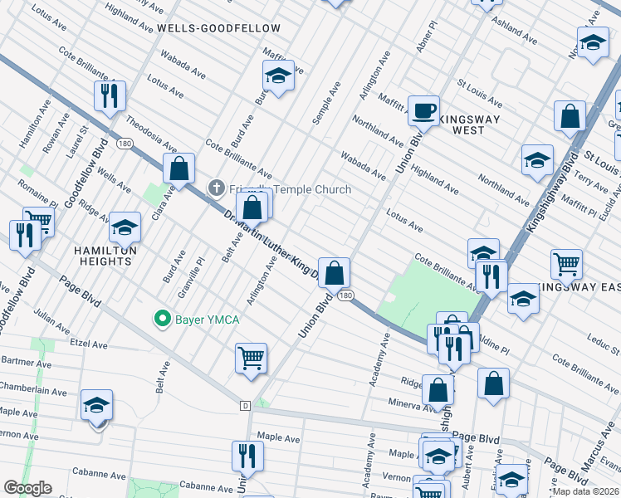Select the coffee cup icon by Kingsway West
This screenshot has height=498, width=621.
pos(423,111)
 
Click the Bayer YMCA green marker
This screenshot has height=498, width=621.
pos(162,318)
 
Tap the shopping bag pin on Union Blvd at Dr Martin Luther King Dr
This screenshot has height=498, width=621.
pos(334,272)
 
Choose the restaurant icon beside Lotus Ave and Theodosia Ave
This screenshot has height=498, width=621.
pos(110,96)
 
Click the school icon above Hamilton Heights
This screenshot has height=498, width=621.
pos(125,227)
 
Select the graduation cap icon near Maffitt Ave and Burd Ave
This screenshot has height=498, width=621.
pos(278,76)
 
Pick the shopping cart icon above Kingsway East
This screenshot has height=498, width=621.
pos(566,264)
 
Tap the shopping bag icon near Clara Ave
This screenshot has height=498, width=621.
pos(178,168)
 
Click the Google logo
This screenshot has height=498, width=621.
pos(27,488)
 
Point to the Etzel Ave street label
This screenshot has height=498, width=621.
pos(89,343)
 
